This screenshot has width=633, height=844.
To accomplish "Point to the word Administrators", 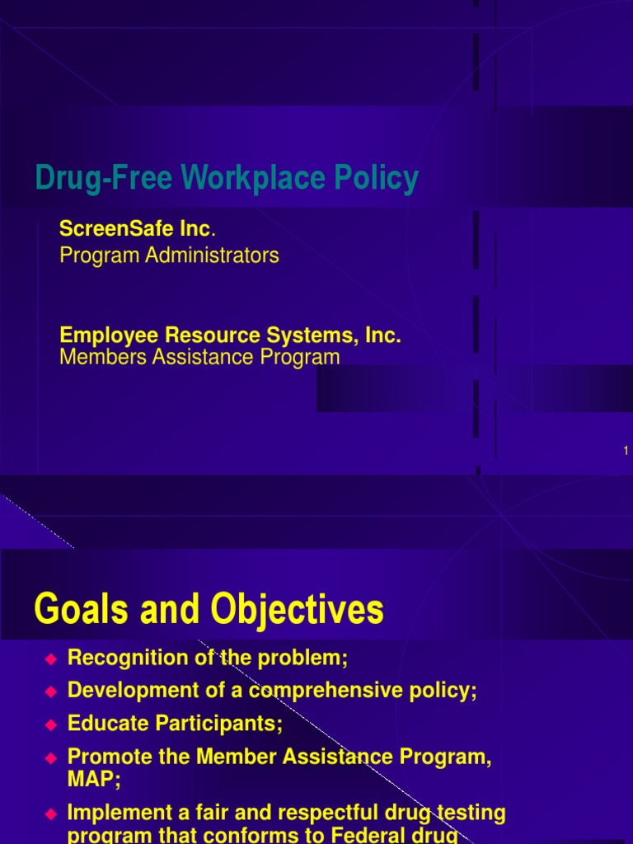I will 213,256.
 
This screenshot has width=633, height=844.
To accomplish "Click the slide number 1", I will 626,450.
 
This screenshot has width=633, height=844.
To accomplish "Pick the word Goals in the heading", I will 77,611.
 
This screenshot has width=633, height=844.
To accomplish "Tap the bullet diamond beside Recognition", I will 50,659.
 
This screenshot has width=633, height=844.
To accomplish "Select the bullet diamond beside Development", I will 50,691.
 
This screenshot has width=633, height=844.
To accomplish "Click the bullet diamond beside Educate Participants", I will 50,724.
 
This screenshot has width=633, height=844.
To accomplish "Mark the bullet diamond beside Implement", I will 50,814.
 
